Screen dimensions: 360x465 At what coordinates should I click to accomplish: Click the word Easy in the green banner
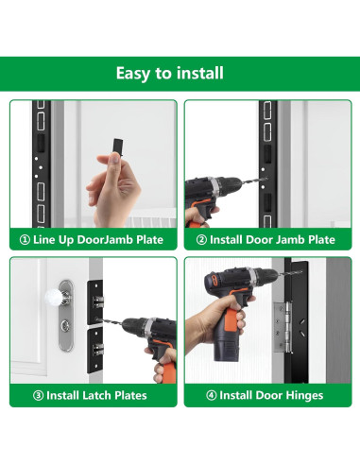133,74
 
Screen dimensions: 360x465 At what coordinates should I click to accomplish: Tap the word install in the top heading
200,73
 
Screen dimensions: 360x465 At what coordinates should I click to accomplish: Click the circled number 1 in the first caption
25,240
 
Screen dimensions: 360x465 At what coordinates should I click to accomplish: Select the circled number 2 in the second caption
201,240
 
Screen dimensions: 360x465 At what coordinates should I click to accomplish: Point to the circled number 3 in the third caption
38,395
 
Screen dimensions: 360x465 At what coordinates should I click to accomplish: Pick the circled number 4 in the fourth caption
211,395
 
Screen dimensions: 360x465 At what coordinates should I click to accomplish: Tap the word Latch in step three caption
97,395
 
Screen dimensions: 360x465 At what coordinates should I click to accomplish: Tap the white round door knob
54,298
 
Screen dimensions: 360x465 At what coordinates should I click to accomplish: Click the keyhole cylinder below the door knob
65,324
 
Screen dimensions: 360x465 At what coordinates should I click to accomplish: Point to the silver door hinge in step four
283,327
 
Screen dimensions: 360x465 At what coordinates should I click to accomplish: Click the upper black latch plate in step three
95,301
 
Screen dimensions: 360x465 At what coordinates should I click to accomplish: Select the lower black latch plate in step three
95,350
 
